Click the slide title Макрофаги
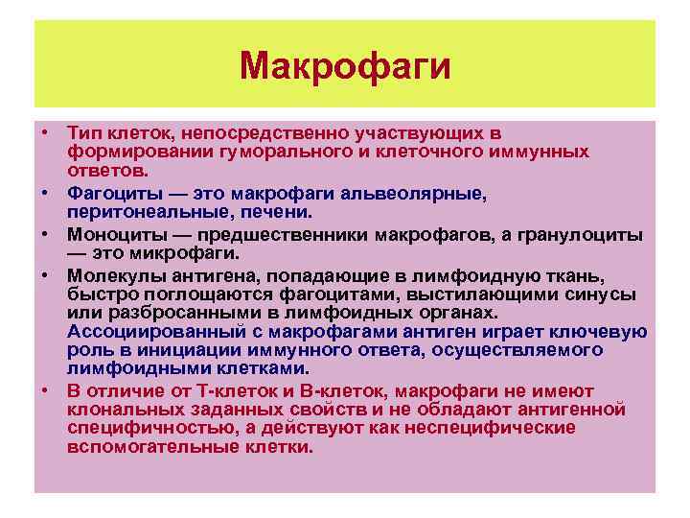click(345, 66)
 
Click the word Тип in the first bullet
click(82, 133)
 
